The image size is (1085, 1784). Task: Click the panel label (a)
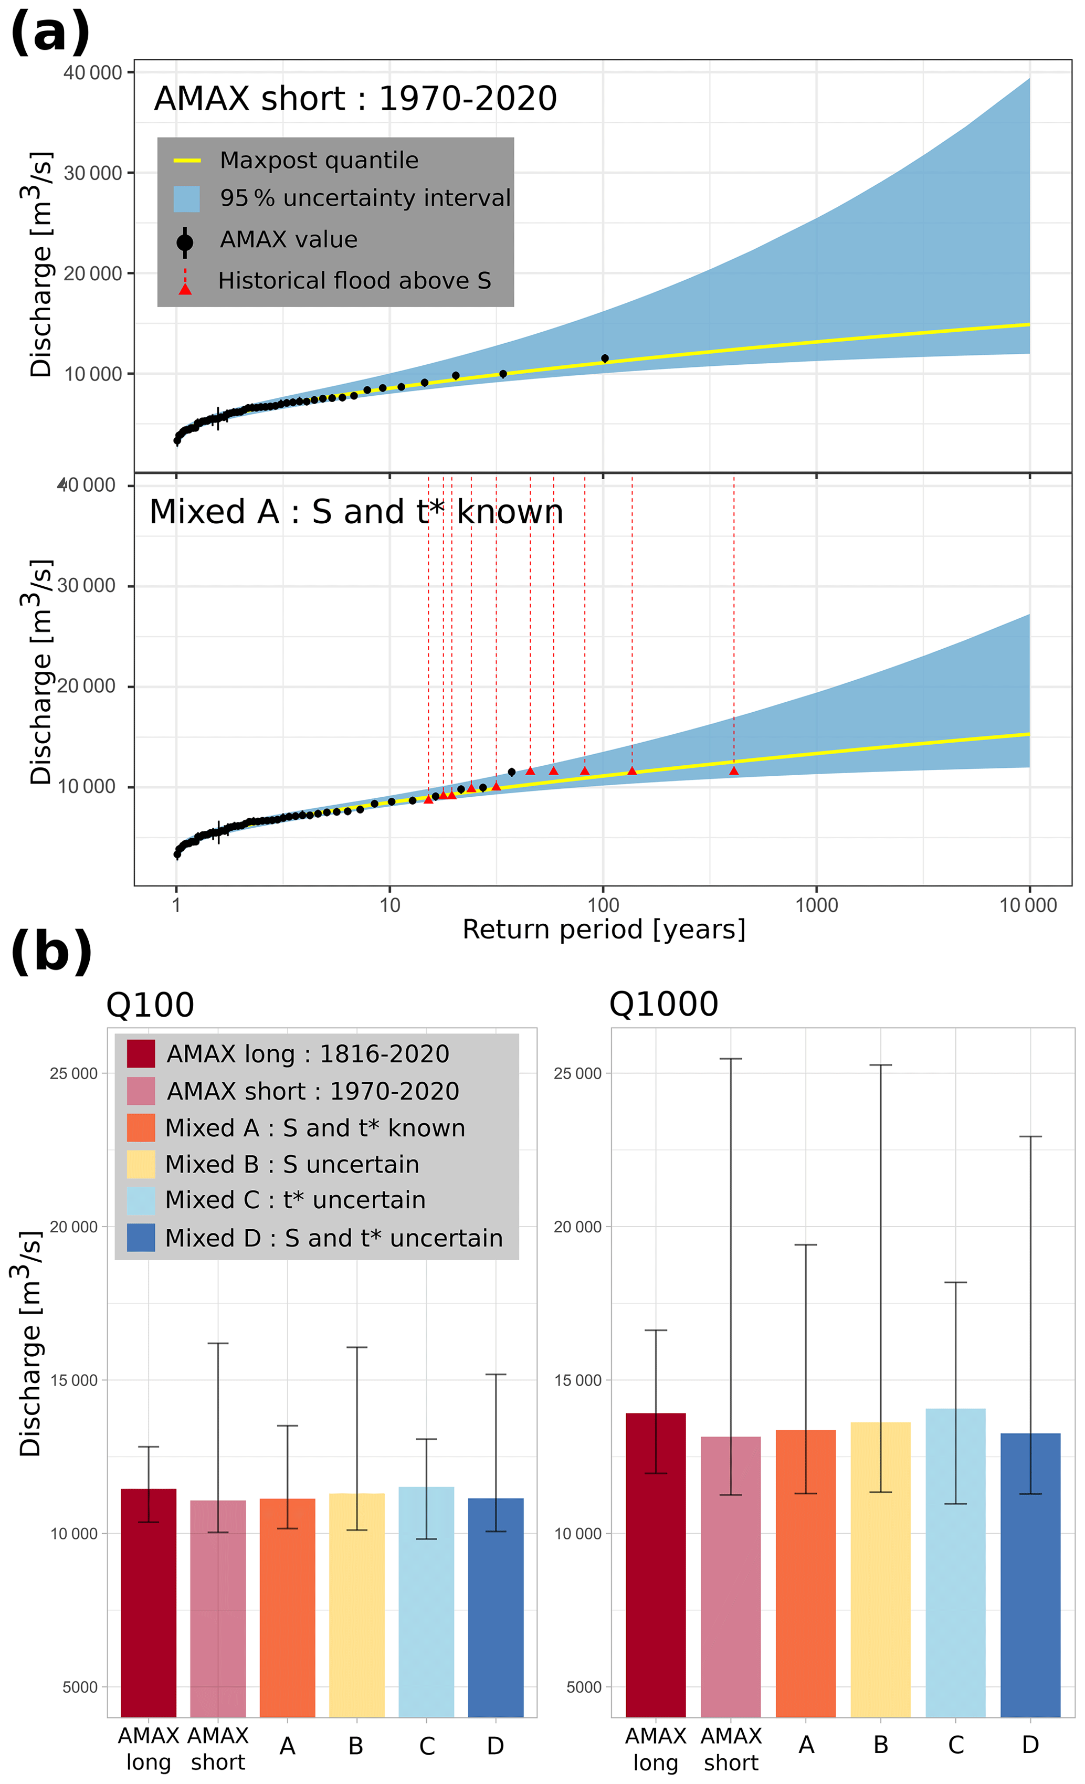[50, 33]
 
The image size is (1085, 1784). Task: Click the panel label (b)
[51, 952]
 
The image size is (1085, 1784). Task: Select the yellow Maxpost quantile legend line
[187, 160]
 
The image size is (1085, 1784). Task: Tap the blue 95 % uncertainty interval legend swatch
[187, 199]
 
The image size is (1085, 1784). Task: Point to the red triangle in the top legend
[185, 289]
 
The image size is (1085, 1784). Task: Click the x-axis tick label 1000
[816, 905]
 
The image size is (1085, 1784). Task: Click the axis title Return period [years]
[603, 930]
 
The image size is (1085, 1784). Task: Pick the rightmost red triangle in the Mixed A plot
[734, 771]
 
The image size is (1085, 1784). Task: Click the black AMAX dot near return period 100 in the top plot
[605, 358]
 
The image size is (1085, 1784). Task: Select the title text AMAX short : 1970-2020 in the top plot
[356, 99]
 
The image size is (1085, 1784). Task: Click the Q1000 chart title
[663, 1004]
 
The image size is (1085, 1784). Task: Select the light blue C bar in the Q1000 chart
[955, 1571]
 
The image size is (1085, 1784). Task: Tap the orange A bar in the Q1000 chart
[805, 1578]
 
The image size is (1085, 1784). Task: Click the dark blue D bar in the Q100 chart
[496, 1614]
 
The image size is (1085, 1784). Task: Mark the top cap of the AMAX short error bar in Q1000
[731, 1059]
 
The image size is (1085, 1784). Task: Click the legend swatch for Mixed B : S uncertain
[141, 1164]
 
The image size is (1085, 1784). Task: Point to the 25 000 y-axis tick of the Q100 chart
[73, 1074]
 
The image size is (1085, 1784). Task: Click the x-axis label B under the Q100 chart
[356, 1746]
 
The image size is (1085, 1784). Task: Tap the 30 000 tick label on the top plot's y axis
[93, 173]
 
